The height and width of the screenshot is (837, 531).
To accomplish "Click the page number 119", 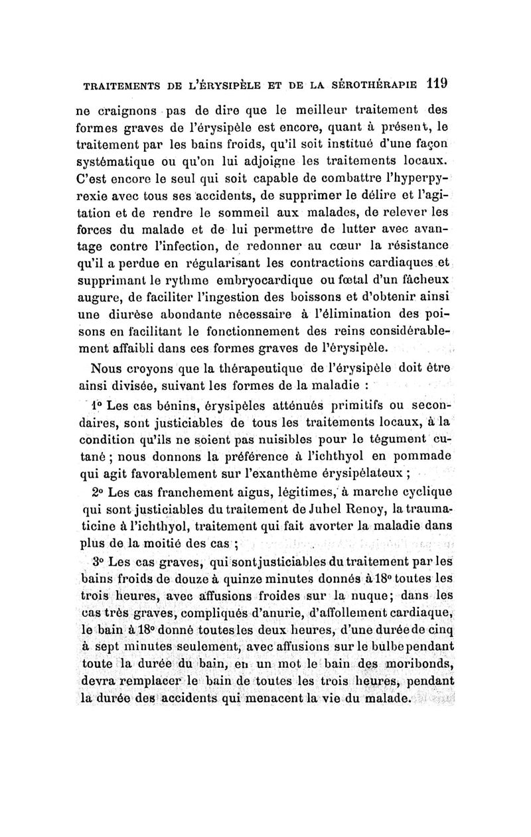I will [x=437, y=84].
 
